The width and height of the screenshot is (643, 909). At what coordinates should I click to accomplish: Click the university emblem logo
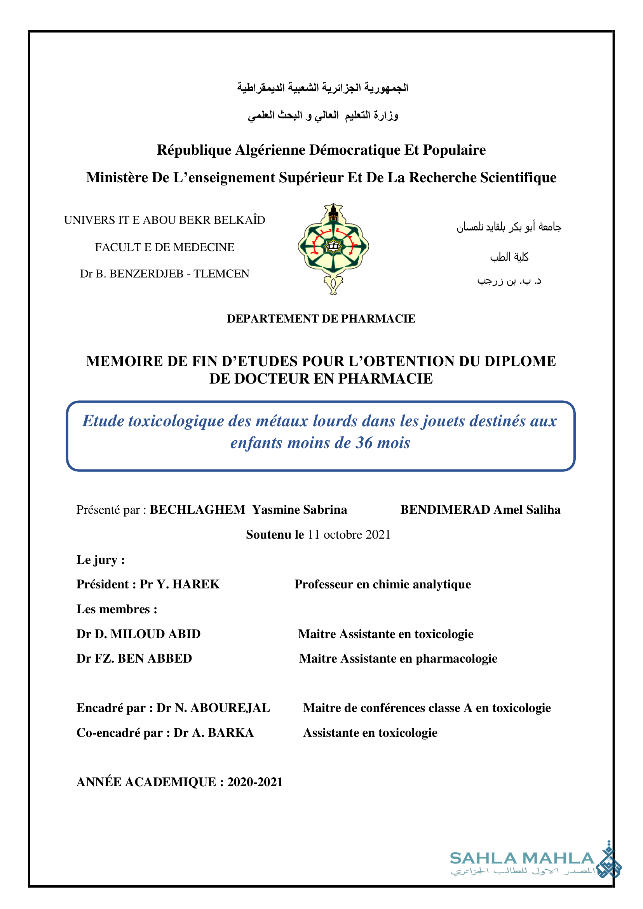point(333,249)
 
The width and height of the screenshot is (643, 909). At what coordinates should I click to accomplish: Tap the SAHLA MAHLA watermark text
point(522,858)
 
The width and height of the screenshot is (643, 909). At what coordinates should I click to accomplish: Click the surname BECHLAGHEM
point(197,509)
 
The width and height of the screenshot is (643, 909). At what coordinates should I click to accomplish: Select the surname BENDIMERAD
point(445,509)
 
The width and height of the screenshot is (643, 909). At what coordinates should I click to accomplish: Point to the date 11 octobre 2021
point(349,534)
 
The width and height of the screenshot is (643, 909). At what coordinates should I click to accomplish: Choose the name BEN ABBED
point(155,658)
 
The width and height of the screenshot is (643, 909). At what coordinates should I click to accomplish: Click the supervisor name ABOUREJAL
point(230,708)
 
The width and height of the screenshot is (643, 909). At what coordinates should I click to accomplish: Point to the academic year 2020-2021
point(255,782)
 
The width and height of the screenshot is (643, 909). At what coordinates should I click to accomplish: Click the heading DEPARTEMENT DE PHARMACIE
point(321,318)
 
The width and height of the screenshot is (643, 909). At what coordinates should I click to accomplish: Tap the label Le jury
point(100,560)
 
